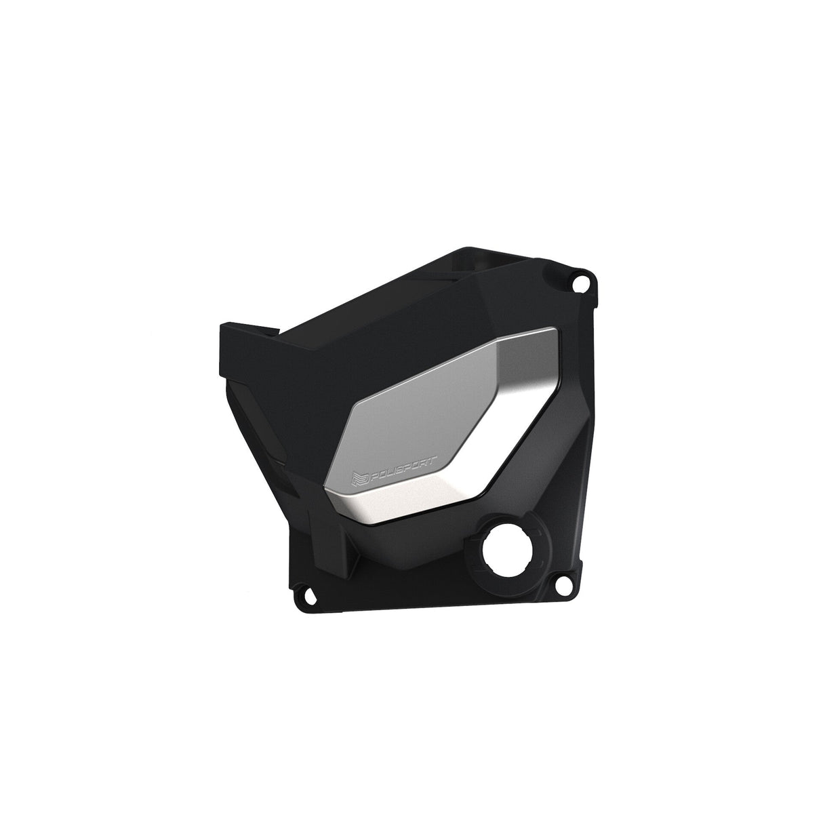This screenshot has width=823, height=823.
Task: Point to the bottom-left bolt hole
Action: pyautogui.click(x=306, y=593)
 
